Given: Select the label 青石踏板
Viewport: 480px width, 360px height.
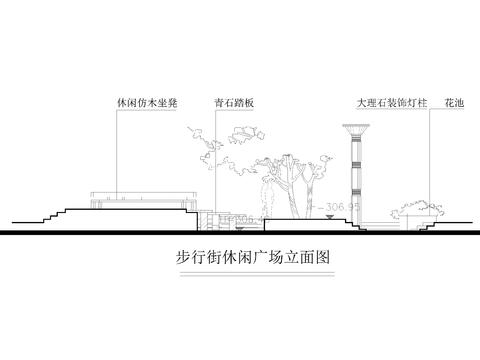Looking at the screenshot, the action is point(233,103).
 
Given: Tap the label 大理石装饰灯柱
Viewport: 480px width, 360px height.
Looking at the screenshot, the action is point(385,103).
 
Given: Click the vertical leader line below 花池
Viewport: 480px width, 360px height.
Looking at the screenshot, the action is point(431,150).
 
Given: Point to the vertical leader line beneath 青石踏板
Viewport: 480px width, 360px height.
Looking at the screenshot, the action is point(211,150).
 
